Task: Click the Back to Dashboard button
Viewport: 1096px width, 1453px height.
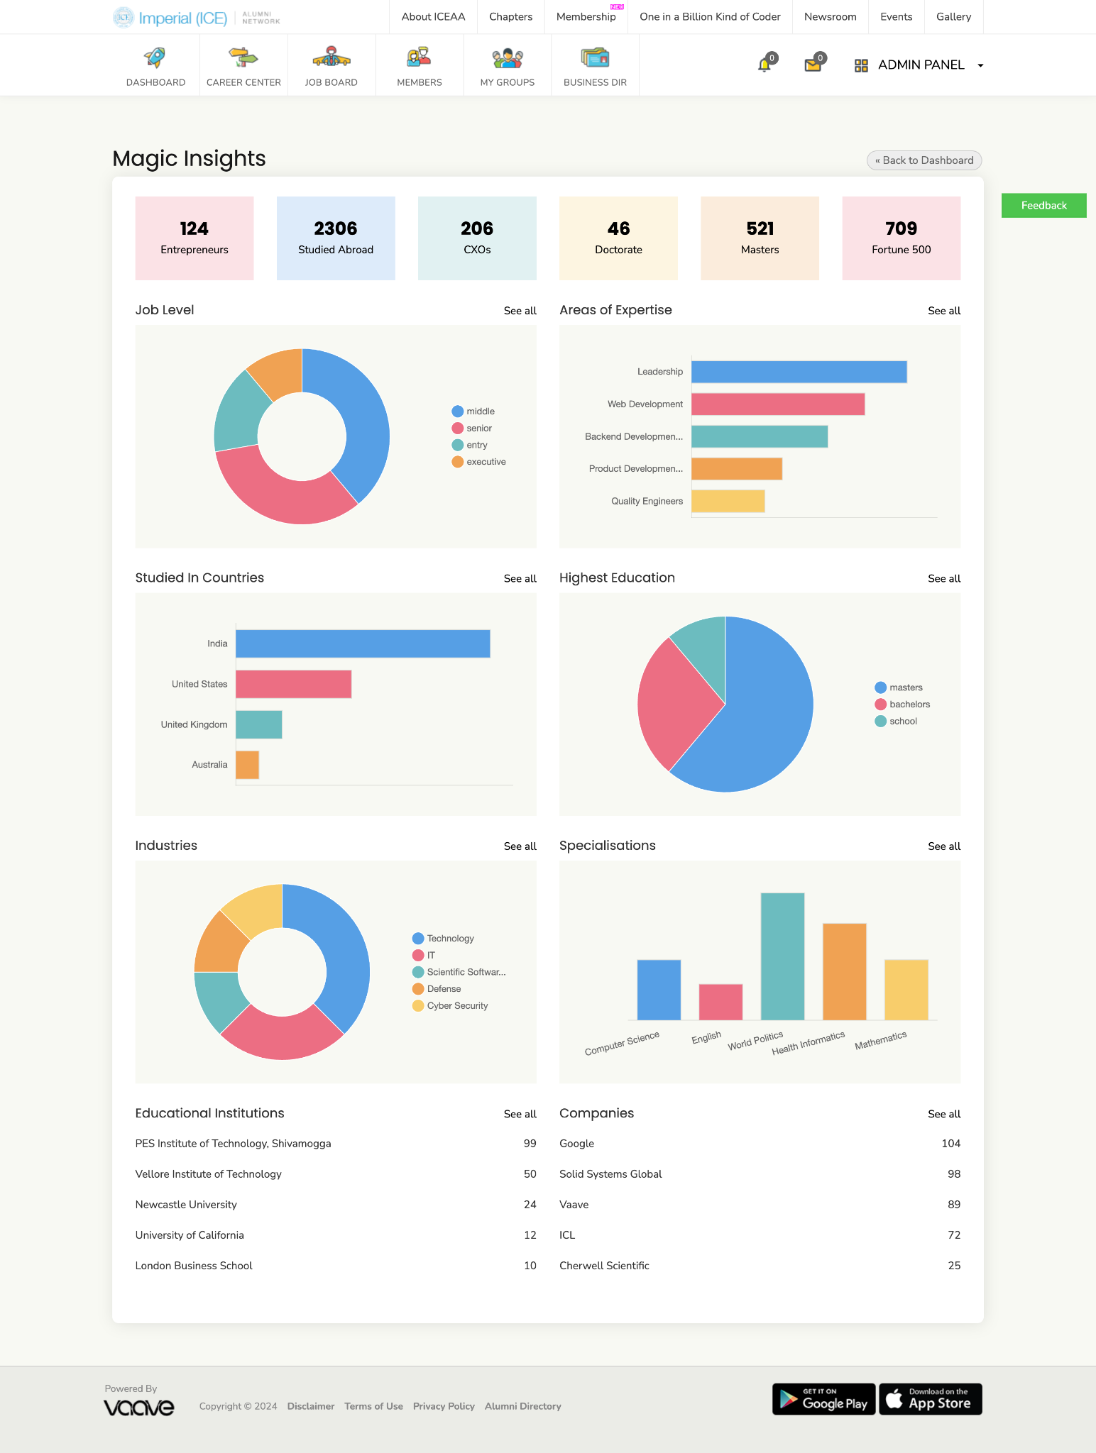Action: pyautogui.click(x=924, y=160)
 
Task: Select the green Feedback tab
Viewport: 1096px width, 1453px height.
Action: pyautogui.click(x=1043, y=206)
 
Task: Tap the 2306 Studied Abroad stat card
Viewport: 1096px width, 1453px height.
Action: pyautogui.click(x=336, y=238)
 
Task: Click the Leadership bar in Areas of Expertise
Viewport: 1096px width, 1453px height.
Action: pyautogui.click(x=799, y=372)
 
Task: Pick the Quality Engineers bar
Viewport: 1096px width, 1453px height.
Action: pyautogui.click(x=728, y=501)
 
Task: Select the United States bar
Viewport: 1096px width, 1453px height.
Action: pyautogui.click(x=293, y=684)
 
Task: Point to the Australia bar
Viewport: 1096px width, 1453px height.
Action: pyautogui.click(x=247, y=765)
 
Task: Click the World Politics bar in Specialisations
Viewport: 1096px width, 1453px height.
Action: pyautogui.click(x=782, y=956)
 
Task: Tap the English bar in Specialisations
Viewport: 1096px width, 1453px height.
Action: pyautogui.click(x=720, y=1002)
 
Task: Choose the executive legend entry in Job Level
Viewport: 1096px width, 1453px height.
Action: pyautogui.click(x=479, y=462)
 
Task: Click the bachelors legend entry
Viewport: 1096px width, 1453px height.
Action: pyautogui.click(x=902, y=705)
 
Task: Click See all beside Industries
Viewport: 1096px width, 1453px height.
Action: pyautogui.click(x=520, y=846)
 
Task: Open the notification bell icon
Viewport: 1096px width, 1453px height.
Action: pyautogui.click(x=765, y=65)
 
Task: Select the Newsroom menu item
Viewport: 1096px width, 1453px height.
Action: pyautogui.click(x=830, y=17)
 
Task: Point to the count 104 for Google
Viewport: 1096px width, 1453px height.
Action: pyautogui.click(x=950, y=1144)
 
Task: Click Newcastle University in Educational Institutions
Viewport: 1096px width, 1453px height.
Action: pyautogui.click(x=186, y=1205)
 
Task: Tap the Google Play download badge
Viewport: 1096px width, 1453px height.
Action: pyautogui.click(x=823, y=1399)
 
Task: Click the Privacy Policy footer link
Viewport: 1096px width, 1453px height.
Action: pyautogui.click(x=444, y=1406)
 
